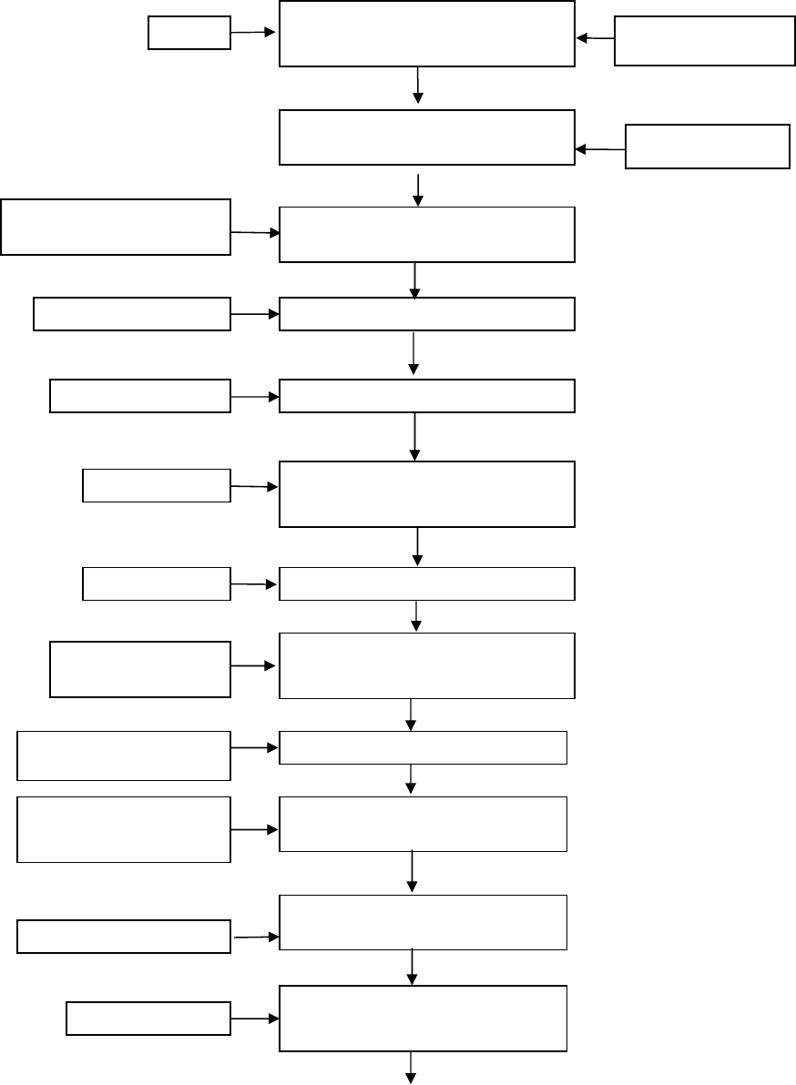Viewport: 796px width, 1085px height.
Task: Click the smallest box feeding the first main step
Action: point(189,34)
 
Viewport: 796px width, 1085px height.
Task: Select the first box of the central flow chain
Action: point(426,34)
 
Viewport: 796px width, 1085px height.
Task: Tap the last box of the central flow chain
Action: point(423,1018)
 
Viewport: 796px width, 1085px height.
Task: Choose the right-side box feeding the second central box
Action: point(707,147)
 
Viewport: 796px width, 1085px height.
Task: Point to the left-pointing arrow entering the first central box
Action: point(596,39)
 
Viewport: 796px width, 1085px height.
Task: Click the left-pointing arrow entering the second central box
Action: point(600,147)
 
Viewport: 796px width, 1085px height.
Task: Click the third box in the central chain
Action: point(426,235)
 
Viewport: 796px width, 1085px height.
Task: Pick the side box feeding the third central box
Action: point(115,227)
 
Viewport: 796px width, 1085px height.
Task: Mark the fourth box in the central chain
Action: point(426,314)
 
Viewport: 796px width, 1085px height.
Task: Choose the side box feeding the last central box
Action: point(148,1019)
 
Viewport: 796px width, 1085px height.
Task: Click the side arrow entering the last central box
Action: point(254,1019)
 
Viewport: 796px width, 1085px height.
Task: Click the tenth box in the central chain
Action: point(423,824)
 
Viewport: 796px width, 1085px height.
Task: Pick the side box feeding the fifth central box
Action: point(139,397)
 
